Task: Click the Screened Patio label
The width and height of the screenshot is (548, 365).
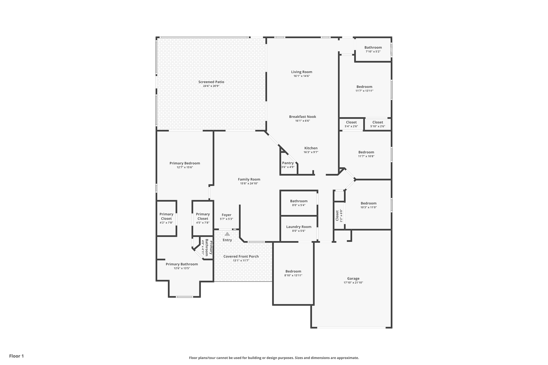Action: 211,82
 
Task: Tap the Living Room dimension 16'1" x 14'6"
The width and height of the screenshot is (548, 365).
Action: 302,76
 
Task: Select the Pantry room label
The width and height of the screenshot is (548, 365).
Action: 288,163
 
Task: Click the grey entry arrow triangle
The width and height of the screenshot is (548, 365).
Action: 227,234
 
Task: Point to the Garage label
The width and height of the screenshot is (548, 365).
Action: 353,279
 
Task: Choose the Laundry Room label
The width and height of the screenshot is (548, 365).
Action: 299,227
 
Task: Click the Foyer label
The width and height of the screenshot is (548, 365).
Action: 226,215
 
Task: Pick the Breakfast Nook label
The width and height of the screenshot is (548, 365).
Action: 302,117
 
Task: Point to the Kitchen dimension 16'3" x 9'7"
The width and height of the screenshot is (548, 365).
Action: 311,152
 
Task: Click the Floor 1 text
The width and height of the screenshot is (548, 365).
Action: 17,356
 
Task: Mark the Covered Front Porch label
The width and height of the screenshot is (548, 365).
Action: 241,256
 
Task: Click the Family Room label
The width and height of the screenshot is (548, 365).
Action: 249,179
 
